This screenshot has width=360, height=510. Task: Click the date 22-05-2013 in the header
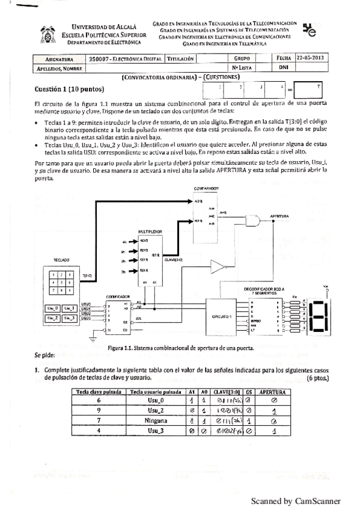[310, 59]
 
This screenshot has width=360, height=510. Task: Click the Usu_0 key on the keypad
[54, 309]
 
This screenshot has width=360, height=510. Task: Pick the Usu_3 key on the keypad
[70, 319]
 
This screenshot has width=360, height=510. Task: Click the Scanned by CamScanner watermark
[295, 500]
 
